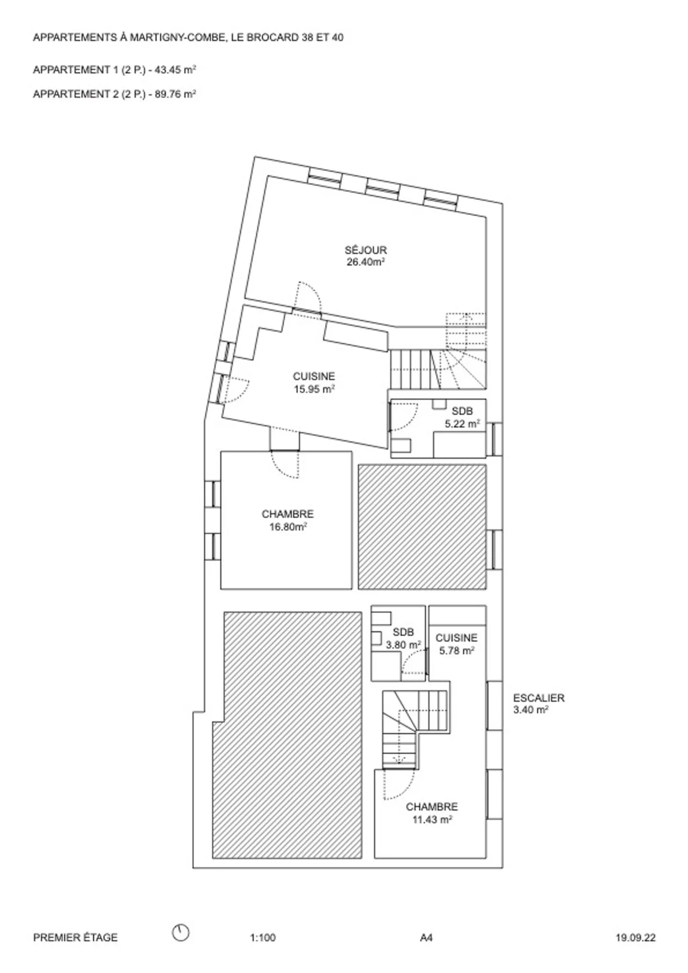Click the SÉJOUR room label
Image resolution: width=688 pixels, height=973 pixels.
coord(365,250)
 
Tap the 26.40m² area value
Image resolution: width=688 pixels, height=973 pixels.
coord(365,262)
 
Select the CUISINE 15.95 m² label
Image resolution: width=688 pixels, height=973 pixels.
coord(314,383)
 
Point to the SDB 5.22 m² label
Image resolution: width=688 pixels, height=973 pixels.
coord(462,417)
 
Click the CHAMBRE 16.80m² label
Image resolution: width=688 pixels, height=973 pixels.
coord(288,521)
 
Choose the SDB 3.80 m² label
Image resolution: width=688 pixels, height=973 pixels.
coord(403,638)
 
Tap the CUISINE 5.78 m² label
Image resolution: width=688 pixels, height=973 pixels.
coord(456,644)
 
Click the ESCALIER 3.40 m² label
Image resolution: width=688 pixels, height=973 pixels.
coord(539,704)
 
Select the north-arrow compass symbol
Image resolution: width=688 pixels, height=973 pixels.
coord(181,932)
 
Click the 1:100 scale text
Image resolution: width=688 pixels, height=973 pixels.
coord(263,938)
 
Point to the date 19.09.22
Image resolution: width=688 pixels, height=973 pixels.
coord(635,938)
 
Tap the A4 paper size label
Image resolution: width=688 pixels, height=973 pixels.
coord(426,938)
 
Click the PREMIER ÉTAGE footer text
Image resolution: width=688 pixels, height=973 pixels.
coord(75,938)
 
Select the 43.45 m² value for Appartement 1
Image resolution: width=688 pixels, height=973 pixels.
coord(175,70)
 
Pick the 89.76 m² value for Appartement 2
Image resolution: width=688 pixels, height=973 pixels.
coord(175,94)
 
